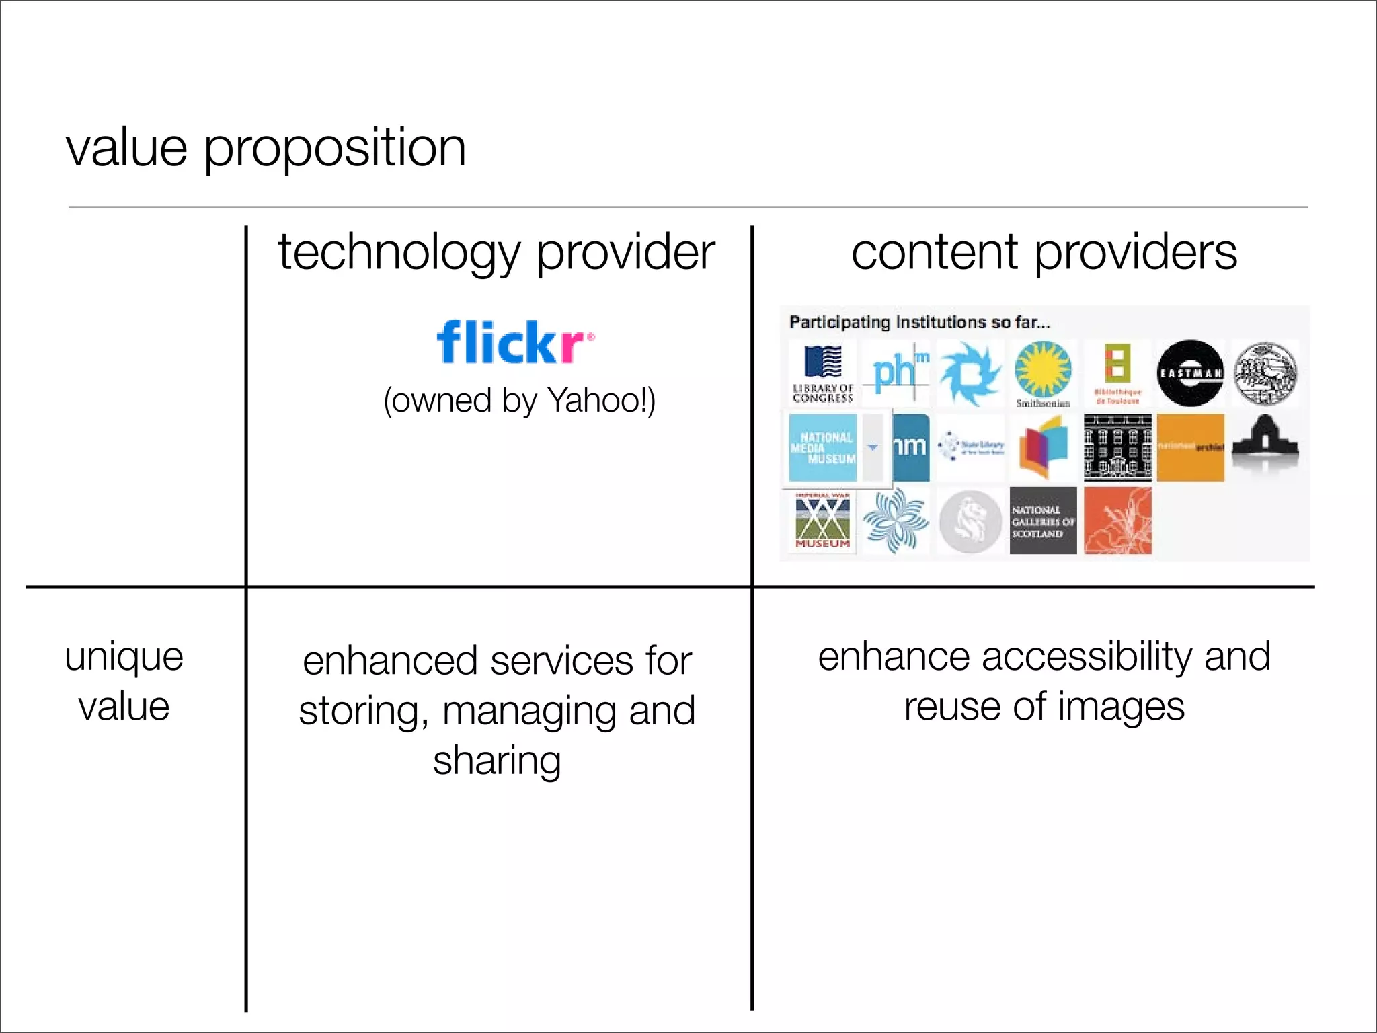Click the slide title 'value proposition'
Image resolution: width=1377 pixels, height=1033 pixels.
266,148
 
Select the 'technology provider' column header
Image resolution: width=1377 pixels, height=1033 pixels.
496,253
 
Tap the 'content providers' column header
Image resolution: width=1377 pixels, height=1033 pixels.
1044,253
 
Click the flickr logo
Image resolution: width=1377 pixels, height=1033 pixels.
515,342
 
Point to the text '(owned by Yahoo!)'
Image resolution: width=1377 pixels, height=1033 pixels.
519,401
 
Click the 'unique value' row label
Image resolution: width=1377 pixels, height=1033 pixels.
124,681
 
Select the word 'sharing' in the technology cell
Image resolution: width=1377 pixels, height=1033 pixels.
497,761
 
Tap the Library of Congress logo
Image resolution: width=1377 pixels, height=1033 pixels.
823,374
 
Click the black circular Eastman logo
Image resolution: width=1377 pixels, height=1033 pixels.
1190,373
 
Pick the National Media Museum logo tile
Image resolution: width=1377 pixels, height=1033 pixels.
823,447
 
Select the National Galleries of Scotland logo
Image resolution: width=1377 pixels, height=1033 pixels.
1043,521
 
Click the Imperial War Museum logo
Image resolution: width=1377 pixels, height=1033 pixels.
822,521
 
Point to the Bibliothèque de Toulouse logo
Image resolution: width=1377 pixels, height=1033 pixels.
1117,373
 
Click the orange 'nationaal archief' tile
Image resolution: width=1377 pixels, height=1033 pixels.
1190,447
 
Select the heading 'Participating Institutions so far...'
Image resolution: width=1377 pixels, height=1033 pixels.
919,323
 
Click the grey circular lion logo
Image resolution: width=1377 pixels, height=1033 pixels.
970,521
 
